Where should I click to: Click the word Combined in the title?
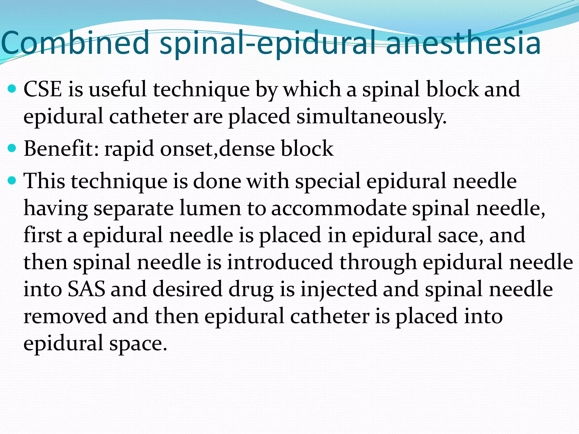click(x=75, y=43)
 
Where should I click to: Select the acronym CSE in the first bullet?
click(x=42, y=89)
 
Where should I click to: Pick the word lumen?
click(x=210, y=208)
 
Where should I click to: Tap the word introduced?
click(x=280, y=262)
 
